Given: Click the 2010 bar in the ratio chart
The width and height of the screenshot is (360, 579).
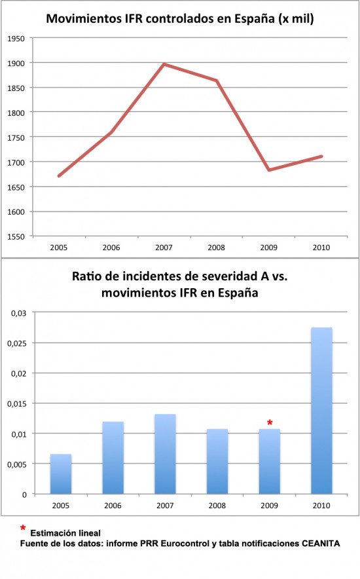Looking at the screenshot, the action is pos(321,411).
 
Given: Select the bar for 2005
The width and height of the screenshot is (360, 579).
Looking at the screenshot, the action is pos(61,474).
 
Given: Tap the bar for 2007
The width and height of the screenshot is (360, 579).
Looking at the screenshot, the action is pos(165,454).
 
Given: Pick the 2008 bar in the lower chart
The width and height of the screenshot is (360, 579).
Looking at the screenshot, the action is pos(217,462).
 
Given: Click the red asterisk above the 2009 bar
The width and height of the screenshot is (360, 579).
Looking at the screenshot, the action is pos(270,423).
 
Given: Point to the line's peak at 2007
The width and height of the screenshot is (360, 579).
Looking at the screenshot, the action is pos(164,65).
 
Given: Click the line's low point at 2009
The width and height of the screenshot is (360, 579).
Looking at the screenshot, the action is pos(269,170).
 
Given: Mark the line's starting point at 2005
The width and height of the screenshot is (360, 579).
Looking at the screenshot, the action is pos(59,176).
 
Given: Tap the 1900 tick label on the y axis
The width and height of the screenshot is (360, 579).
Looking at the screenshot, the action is pos(16,64).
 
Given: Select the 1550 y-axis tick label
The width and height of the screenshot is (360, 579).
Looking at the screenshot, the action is pos(16,236).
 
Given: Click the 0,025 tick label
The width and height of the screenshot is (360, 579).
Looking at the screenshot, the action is pos(17,343).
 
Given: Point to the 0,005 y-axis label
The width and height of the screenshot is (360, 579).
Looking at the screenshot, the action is pos(17,464).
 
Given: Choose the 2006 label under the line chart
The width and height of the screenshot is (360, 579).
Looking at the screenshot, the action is pos(111,248).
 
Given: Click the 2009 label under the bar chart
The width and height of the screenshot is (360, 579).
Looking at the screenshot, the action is pos(269,506).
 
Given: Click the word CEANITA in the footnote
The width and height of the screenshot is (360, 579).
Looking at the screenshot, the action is pos(321,544).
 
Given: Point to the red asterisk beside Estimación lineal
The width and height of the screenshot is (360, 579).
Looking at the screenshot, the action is pos(23,529).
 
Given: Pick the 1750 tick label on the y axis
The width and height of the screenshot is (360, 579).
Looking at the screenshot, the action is pos(16,138).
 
